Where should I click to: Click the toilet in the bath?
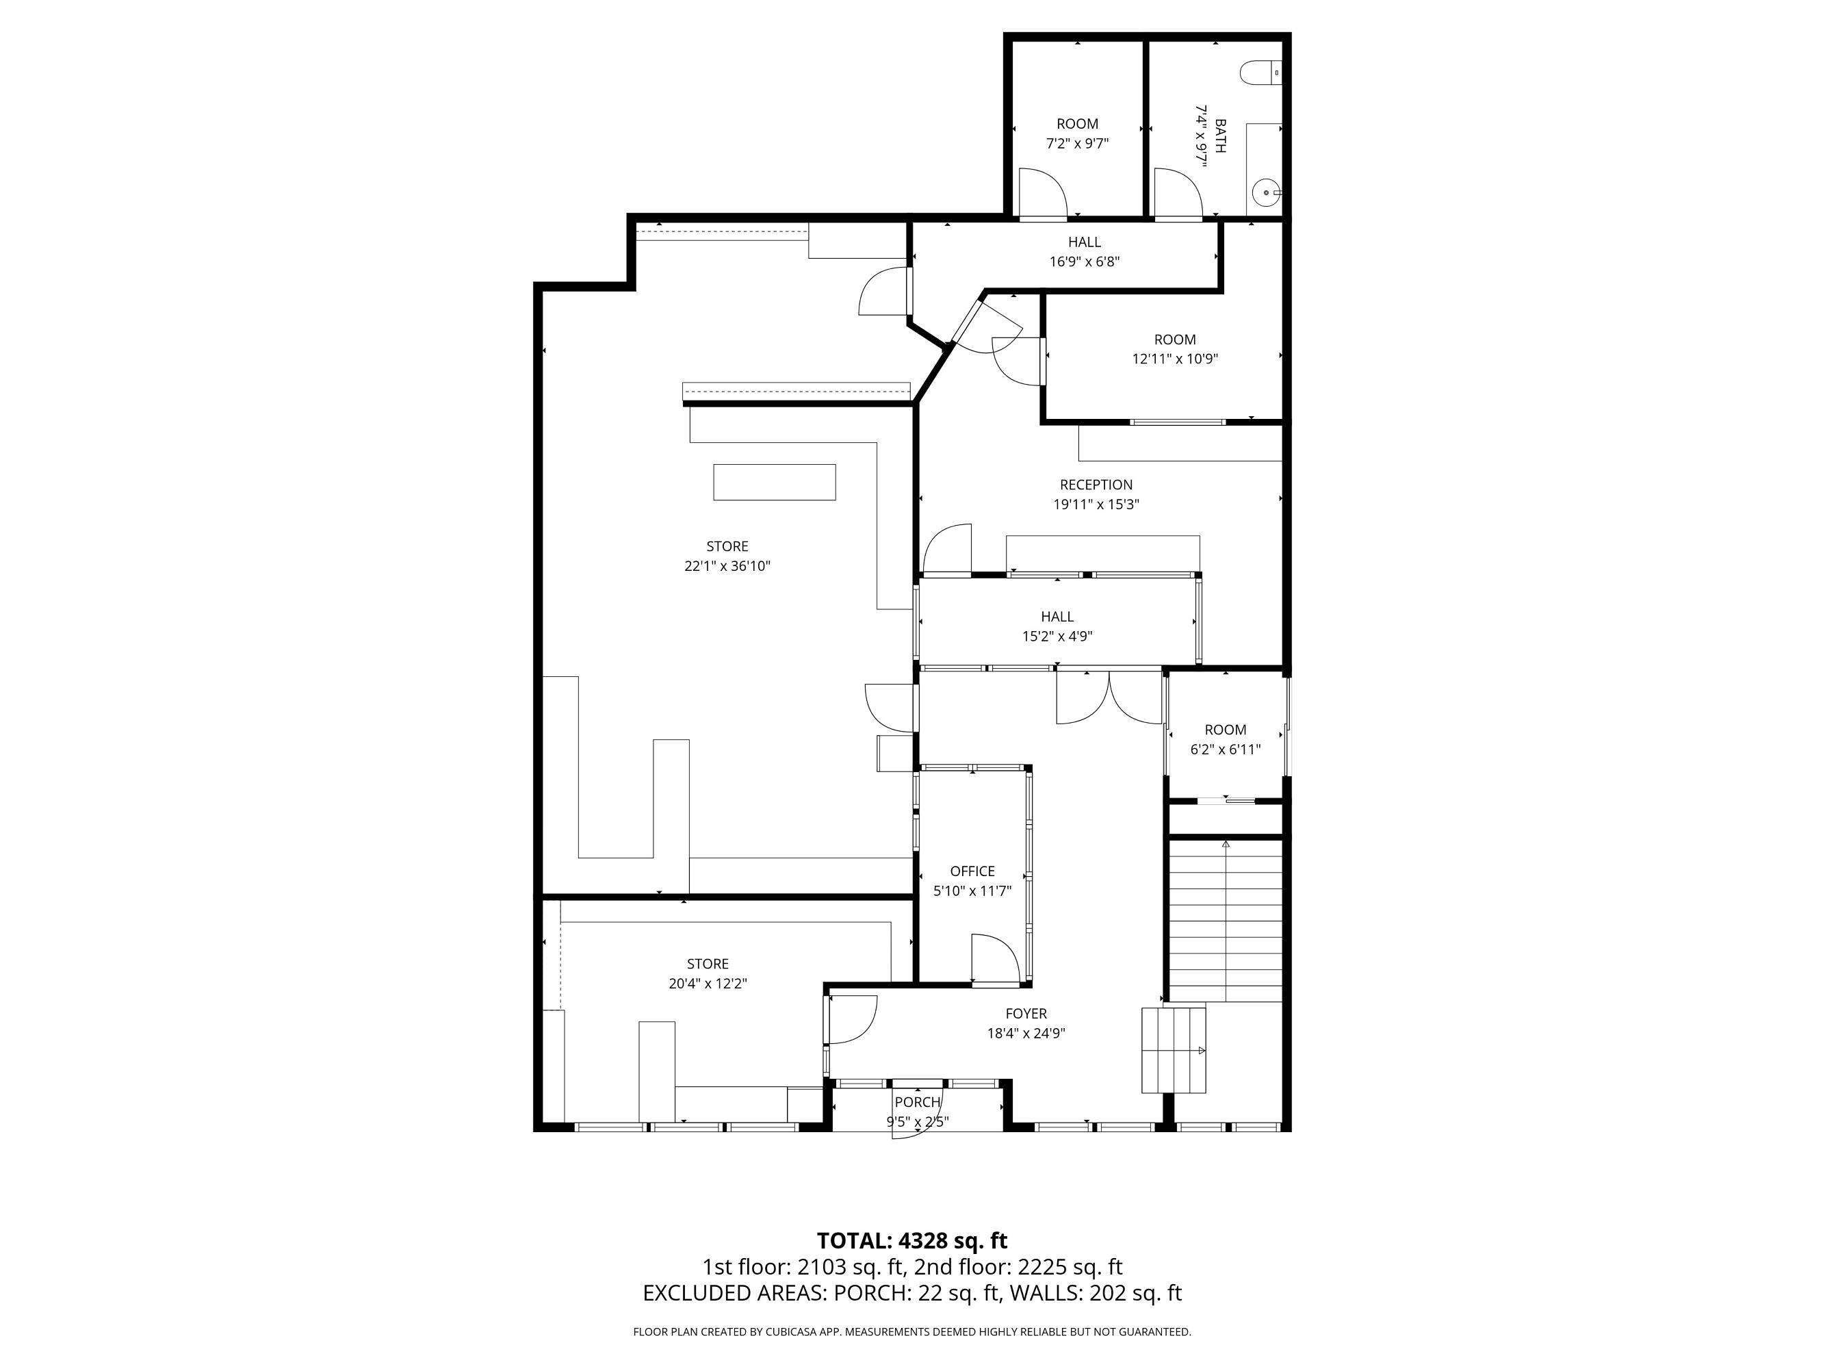point(1260,73)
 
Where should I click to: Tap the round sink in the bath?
point(1266,193)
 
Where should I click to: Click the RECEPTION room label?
point(1096,485)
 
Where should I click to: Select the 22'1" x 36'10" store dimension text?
point(727,566)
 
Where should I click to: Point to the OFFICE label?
point(972,871)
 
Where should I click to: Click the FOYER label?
point(1026,1013)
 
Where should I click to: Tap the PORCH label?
point(918,1101)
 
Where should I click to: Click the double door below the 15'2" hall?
point(1110,698)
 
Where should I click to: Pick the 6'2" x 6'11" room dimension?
point(1225,750)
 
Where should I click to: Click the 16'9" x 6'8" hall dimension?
point(1084,261)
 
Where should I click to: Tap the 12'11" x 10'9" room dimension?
point(1175,359)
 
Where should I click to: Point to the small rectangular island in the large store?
point(774,482)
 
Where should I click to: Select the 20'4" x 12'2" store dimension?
point(708,984)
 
